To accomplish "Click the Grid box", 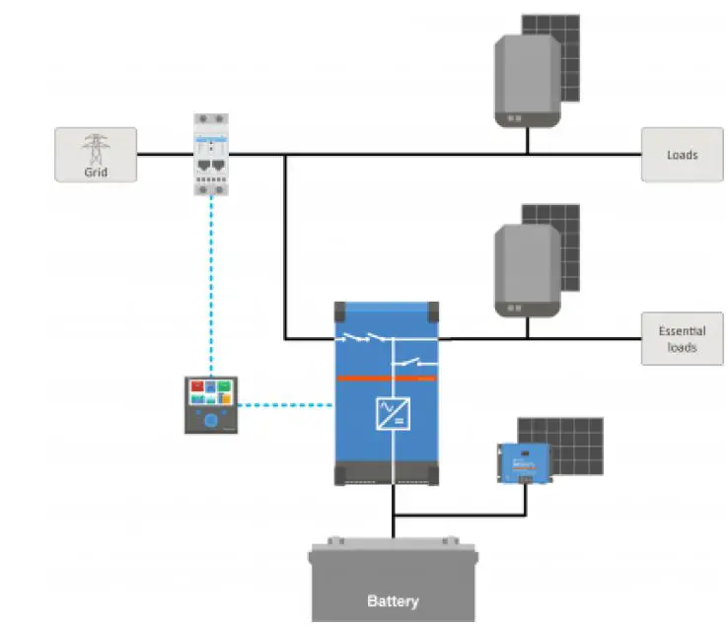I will (x=95, y=154).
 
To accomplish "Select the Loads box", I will (x=682, y=154).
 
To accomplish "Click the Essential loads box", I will (x=682, y=339).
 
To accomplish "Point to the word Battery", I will (x=393, y=600).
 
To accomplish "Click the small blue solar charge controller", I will (x=524, y=462).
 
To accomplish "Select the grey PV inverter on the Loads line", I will (x=527, y=83).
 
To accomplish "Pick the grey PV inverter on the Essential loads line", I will (x=527, y=270).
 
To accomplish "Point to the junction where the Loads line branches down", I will (x=285, y=154).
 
